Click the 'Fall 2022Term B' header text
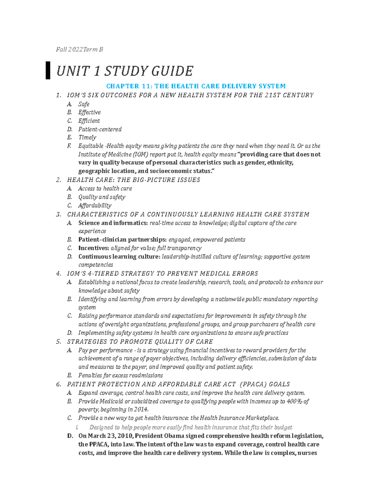click(79, 50)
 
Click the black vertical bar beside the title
click(48, 70)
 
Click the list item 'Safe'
click(84, 104)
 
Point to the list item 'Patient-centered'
click(100, 129)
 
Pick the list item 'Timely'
click(87, 137)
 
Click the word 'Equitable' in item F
click(91, 146)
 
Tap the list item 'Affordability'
click(95, 205)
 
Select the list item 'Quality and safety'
click(102, 197)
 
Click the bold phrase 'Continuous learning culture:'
click(119, 256)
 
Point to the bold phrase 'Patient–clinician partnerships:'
click(122, 240)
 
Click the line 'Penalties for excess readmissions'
click(120, 375)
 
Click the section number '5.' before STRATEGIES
click(58, 342)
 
